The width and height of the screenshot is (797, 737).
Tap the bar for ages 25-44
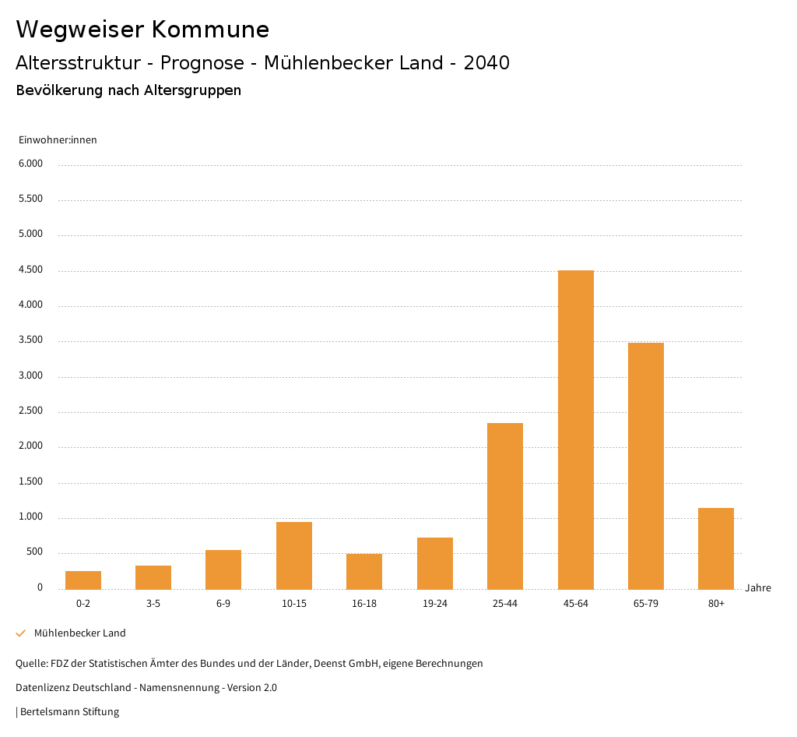(505, 506)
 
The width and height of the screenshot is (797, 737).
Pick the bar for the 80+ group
(716, 548)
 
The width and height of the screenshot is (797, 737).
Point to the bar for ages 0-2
(83, 580)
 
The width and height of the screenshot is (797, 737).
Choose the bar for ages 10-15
(294, 555)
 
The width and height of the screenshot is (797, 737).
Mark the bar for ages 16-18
(364, 572)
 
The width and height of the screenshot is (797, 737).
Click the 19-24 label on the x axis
(434, 604)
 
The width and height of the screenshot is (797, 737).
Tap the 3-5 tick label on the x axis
(153, 604)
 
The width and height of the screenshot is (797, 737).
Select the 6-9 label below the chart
(223, 604)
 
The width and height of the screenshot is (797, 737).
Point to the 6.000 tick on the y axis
(31, 164)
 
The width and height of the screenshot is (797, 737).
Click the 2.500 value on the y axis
(31, 411)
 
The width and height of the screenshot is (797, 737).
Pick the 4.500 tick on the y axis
(31, 270)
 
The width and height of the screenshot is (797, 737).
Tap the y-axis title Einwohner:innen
(58, 140)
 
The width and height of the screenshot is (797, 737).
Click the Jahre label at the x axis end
(757, 588)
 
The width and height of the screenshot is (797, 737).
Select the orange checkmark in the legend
(21, 633)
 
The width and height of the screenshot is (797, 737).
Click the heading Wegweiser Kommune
(142, 30)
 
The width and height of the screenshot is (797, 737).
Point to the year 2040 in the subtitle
(486, 63)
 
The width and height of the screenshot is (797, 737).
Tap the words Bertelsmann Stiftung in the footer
(70, 712)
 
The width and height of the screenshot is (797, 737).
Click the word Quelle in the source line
(30, 664)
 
